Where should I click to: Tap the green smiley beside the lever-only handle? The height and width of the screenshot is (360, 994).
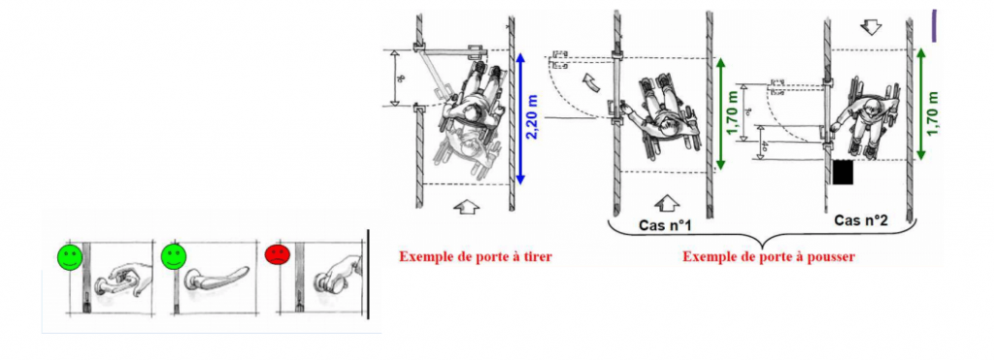tap(174, 258)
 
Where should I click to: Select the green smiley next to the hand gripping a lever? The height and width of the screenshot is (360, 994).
tap(69, 258)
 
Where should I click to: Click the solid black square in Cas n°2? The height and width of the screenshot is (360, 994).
tap(843, 173)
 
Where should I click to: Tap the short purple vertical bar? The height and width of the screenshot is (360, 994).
tap(934, 23)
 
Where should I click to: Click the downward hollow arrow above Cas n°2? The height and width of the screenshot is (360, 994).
tap(871, 27)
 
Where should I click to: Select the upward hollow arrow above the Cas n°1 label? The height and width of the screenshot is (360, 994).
tap(666, 202)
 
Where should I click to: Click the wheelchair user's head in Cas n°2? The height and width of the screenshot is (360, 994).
tap(871, 110)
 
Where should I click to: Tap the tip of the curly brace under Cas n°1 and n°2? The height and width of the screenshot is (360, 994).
tap(764, 243)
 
